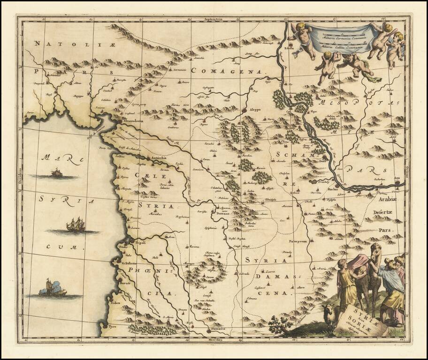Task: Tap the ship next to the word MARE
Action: point(57,173)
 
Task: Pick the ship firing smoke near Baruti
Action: point(52,288)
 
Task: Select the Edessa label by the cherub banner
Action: point(289,47)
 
